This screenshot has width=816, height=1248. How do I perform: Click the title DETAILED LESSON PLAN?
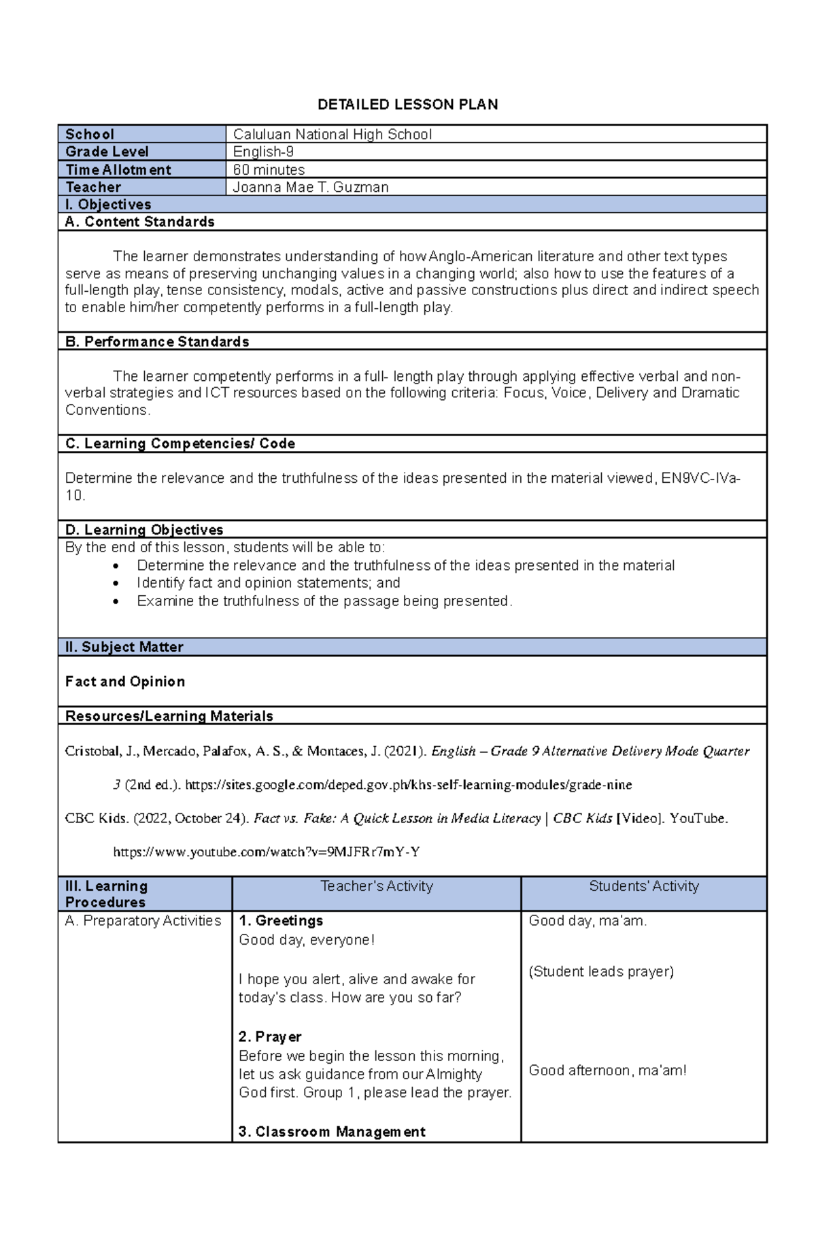tap(408, 104)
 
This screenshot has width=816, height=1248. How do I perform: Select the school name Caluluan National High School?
tap(332, 135)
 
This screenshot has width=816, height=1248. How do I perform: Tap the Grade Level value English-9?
tap(263, 152)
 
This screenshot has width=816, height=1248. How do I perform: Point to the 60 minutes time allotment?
tap(269, 169)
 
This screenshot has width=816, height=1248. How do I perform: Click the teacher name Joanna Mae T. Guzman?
tap(311, 187)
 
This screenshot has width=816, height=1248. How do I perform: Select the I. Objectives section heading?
tap(108, 205)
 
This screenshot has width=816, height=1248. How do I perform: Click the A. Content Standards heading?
tap(139, 222)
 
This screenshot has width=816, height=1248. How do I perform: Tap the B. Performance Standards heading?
tap(157, 341)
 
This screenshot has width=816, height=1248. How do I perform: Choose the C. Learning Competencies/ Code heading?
tap(180, 443)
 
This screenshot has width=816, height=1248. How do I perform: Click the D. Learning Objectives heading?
tap(144, 530)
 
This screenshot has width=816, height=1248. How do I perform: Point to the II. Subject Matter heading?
tap(124, 647)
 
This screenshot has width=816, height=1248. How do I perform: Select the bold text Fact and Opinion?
tap(125, 681)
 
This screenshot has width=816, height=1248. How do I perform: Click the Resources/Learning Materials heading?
tap(169, 716)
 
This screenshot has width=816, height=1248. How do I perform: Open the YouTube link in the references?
tap(266, 851)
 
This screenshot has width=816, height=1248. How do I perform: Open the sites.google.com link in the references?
tap(408, 785)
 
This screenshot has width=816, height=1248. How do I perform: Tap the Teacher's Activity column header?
tap(376, 886)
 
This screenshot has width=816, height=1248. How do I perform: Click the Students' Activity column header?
tap(643, 886)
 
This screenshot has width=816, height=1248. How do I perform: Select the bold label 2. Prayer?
tap(270, 1036)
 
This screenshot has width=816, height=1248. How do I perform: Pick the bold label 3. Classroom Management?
tap(332, 1132)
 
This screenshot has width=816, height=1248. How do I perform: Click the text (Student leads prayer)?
tap(601, 971)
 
